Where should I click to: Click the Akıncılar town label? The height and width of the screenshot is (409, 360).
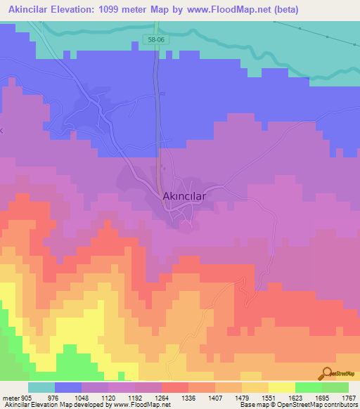tap(184, 197)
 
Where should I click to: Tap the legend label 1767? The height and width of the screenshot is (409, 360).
tap(349, 397)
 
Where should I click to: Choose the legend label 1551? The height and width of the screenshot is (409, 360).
tap(268, 397)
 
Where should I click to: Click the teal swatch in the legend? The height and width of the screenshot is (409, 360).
tap(41, 387)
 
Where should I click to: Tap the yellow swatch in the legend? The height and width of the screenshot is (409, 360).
tap(281, 387)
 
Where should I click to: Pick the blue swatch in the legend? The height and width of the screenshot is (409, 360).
tap(68, 387)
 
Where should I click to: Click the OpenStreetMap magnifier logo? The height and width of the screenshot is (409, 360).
tap(327, 375)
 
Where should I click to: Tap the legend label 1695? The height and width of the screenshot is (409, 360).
tap(321, 397)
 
